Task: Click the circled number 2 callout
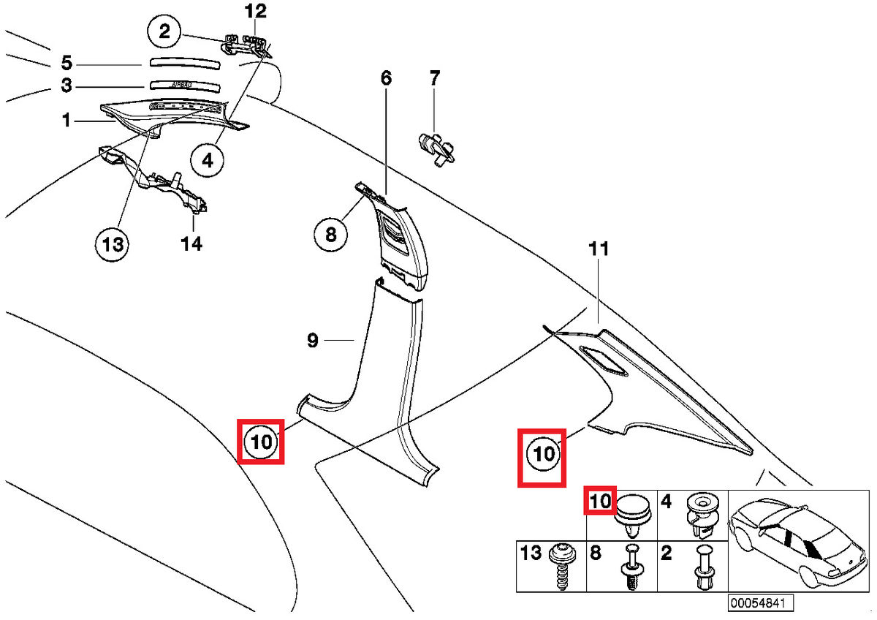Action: (x=164, y=31)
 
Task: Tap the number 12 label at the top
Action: (x=256, y=11)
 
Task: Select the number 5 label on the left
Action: (x=67, y=63)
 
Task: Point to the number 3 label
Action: (x=67, y=86)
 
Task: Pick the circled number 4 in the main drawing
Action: (x=208, y=159)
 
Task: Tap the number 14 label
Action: (x=191, y=243)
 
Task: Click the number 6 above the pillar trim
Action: (x=386, y=77)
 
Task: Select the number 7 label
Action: (x=434, y=77)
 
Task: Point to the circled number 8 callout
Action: (x=331, y=234)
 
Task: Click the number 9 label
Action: (x=312, y=340)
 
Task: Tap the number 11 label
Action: (x=599, y=250)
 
